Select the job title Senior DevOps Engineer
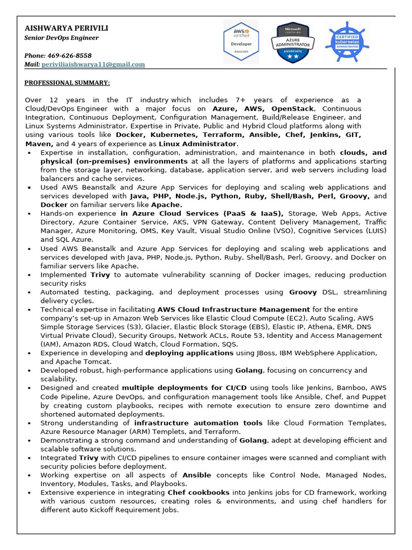pos(62,38)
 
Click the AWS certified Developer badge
pos(241,42)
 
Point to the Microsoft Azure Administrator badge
pos(293,42)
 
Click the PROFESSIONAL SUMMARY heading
pos(67,82)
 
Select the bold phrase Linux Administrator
pos(205,143)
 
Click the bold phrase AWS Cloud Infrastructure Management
pos(233,309)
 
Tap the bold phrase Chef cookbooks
pos(198,493)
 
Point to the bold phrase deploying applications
pos(189,353)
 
